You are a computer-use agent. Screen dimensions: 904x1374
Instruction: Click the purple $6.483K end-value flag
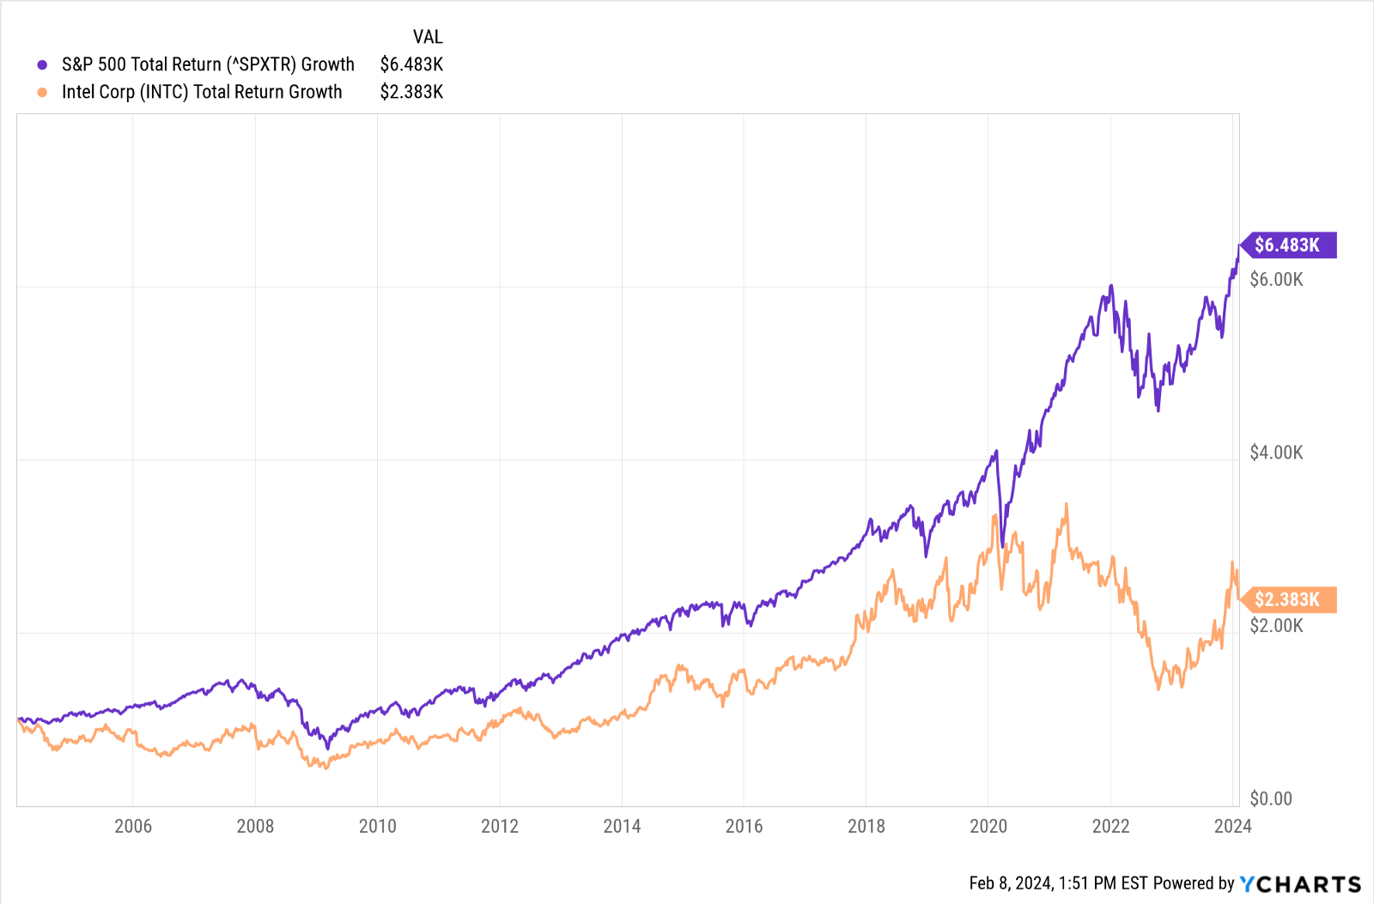click(1287, 246)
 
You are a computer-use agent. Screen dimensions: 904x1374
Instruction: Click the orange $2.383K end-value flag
click(1287, 600)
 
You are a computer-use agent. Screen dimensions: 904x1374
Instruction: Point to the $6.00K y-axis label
click(1276, 280)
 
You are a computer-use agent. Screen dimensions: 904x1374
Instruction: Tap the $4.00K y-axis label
click(1276, 452)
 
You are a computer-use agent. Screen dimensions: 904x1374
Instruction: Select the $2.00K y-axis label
click(1276, 626)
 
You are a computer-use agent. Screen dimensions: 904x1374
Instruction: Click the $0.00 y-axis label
click(1270, 799)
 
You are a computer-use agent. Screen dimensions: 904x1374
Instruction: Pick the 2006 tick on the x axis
click(133, 826)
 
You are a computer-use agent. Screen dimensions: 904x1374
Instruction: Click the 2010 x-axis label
click(377, 826)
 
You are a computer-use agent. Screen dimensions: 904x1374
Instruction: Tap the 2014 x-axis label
click(622, 826)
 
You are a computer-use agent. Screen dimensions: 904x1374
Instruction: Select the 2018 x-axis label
click(866, 826)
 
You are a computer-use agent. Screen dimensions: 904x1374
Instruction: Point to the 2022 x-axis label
click(1110, 826)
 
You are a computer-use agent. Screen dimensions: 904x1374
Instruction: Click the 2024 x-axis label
click(1232, 826)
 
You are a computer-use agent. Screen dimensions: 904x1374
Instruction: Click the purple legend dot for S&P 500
click(42, 65)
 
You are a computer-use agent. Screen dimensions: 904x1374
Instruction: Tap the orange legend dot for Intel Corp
click(42, 93)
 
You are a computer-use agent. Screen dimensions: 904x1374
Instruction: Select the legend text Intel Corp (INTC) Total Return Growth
click(202, 92)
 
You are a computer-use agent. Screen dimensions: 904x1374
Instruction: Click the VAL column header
click(428, 37)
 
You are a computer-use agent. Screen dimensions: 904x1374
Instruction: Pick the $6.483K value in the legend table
click(411, 64)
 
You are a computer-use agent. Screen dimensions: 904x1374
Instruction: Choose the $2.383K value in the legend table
click(411, 92)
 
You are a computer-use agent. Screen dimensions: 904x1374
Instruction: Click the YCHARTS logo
click(1300, 883)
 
